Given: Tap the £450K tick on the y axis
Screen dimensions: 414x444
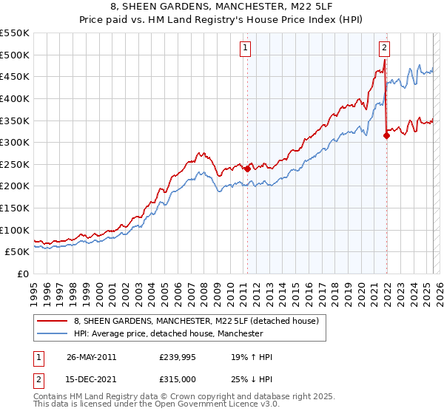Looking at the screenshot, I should tap(15, 76).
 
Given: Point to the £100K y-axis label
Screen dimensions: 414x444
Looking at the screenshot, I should tap(15, 230).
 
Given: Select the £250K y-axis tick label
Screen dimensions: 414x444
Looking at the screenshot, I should tap(15, 164).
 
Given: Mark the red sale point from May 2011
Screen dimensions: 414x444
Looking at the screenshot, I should tap(247, 168).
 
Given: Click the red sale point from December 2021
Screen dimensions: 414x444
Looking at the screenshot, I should tap(386, 135).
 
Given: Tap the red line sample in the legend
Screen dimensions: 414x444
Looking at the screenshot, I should tap(52, 321).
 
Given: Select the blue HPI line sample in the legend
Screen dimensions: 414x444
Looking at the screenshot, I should tap(52, 333).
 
